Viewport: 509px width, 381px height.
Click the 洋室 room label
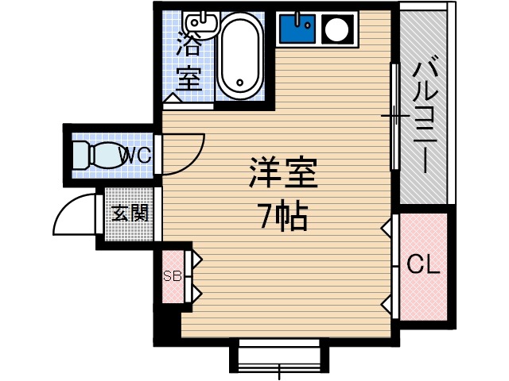tap(283, 173)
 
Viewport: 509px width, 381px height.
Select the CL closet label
tap(423, 264)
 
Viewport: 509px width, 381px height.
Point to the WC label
tap(135, 155)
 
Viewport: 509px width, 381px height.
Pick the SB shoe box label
tap(173, 276)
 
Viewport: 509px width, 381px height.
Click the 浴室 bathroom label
tap(189, 59)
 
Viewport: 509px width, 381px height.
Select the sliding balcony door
tap(394, 117)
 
